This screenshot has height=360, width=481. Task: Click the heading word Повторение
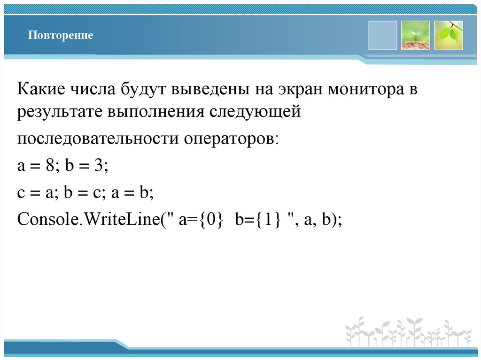[x=60, y=36]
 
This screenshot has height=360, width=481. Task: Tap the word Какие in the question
[x=41, y=89]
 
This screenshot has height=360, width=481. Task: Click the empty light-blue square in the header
[x=382, y=35]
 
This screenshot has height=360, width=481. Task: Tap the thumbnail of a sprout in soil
[x=415, y=35]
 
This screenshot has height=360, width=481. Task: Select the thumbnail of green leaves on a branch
[x=448, y=35]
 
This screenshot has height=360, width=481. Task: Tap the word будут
[x=140, y=89]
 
